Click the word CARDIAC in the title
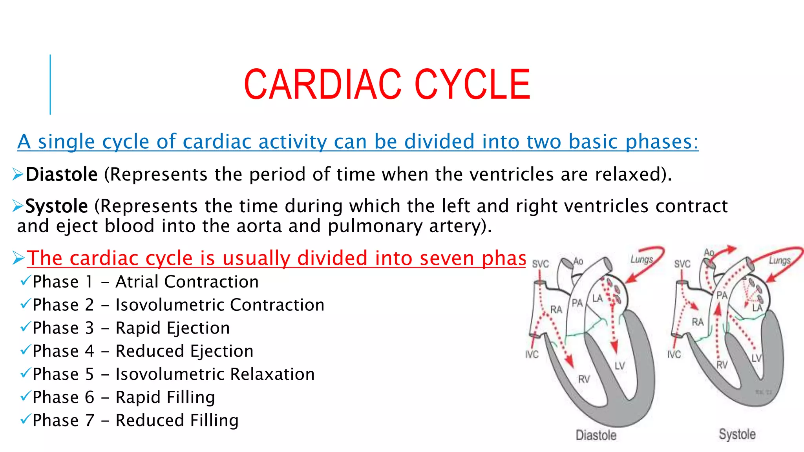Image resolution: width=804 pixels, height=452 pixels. coord(322,84)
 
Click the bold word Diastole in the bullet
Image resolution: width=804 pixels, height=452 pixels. coord(61,174)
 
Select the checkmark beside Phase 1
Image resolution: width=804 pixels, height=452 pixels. coord(25,281)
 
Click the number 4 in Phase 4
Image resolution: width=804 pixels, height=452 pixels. coord(90,351)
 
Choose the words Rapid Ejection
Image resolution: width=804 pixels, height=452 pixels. coord(172,328)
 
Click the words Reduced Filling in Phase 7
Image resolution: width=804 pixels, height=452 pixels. coord(177,421)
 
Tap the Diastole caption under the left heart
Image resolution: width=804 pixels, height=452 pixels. coord(596,435)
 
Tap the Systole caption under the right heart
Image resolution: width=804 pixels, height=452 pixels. coord(737,434)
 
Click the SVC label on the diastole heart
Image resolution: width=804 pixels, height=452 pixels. coord(540,264)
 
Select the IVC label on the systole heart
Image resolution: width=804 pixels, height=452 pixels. coord(674,355)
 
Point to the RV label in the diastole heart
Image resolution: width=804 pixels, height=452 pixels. coord(584,379)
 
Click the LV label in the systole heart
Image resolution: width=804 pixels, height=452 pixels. coord(756,358)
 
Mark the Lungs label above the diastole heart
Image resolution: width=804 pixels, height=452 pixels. coord(641,259)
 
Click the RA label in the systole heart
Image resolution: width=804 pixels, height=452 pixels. coord(698,322)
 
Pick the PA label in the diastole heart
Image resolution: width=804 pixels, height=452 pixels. coord(577,303)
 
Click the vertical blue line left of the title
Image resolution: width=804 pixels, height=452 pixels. coord(50,84)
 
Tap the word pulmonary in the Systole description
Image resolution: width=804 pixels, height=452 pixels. coord(375,226)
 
